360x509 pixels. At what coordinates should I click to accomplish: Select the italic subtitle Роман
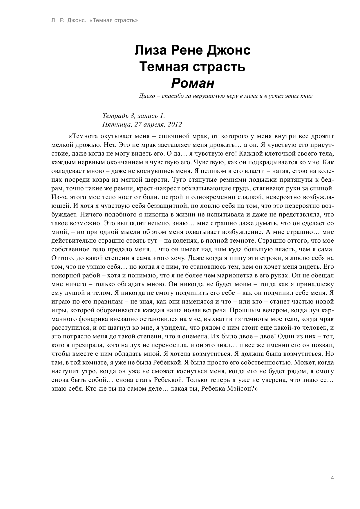193,84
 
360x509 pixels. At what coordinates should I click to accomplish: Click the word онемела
202,336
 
